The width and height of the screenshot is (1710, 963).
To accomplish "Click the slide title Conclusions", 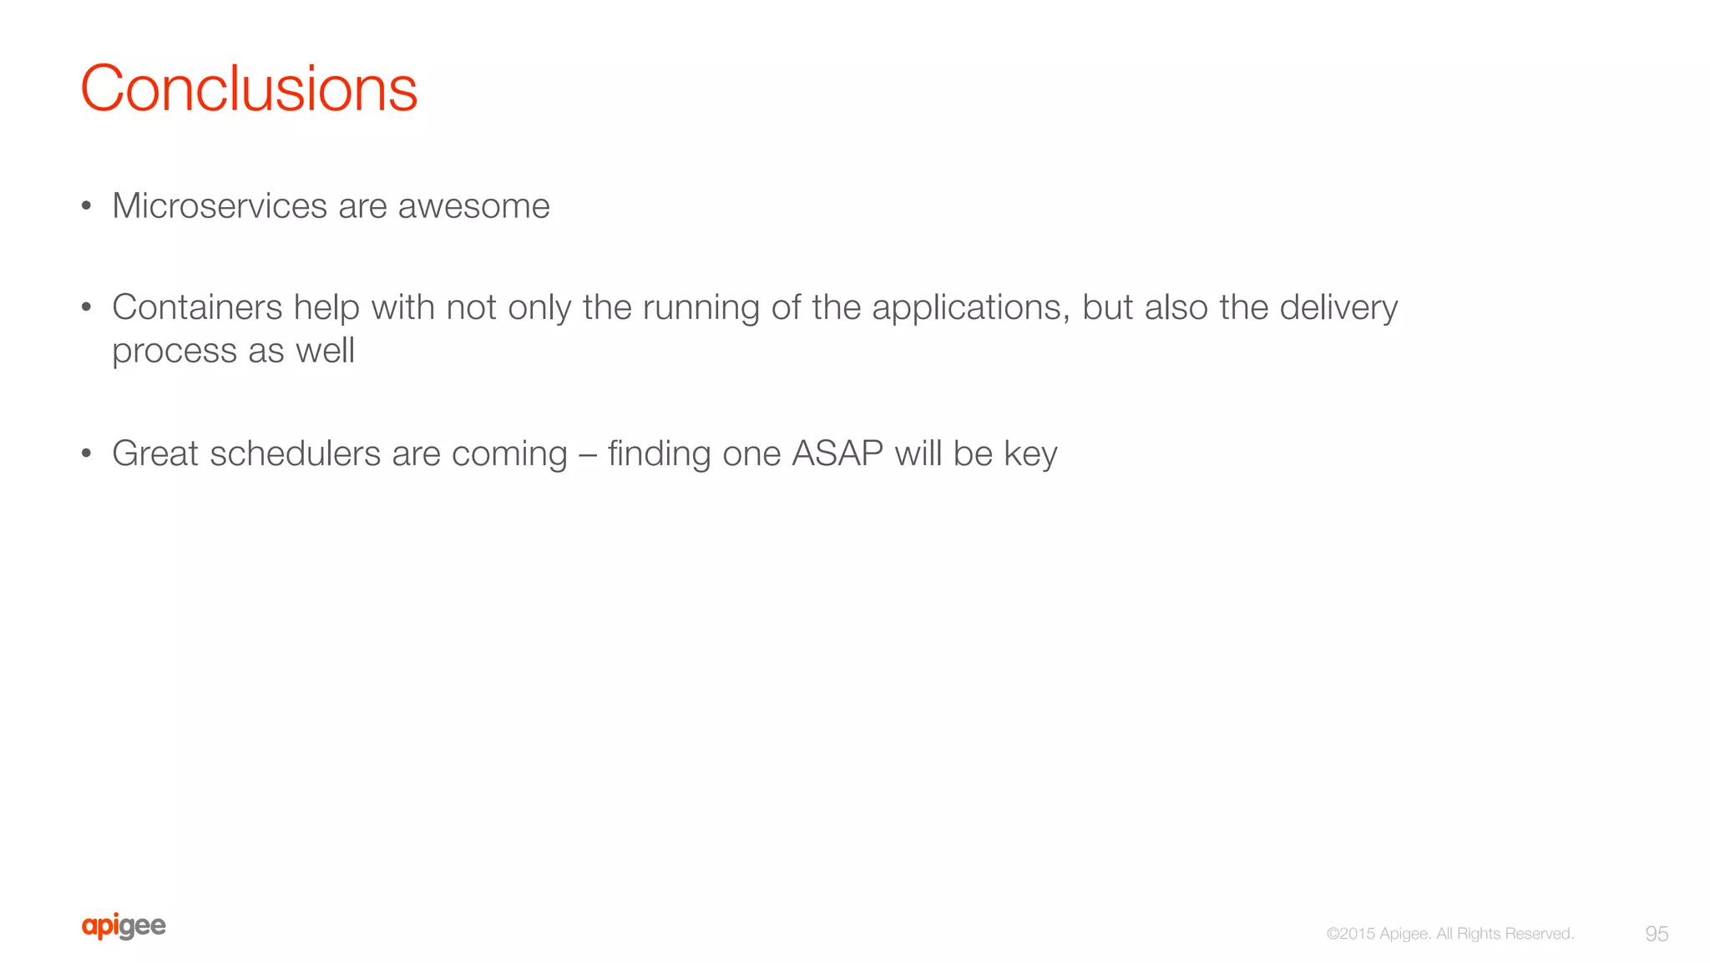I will point(249,89).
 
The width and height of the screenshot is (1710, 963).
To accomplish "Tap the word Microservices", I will point(220,205).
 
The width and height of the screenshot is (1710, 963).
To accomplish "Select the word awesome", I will point(473,205).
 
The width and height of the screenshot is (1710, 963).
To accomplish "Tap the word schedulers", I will point(295,454).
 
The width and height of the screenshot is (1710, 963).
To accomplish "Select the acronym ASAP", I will point(837,454).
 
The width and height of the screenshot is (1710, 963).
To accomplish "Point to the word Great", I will point(155,454).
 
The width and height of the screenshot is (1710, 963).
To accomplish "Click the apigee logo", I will point(124,926).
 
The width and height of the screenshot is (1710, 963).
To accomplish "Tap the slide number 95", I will point(1657,934).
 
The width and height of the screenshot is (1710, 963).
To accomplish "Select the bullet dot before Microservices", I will point(86,206).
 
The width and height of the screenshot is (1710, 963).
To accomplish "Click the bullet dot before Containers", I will point(86,308).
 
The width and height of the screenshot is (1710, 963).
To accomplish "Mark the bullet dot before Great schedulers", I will point(86,454).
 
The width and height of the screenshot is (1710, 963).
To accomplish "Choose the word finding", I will point(659,454).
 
